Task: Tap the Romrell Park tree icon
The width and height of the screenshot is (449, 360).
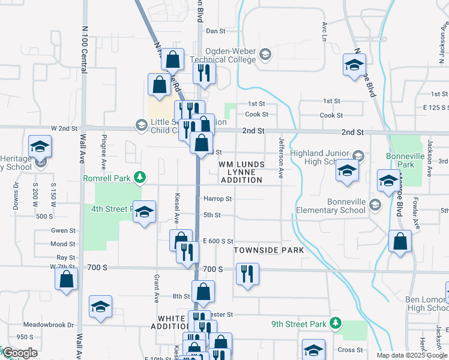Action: [x=140, y=177]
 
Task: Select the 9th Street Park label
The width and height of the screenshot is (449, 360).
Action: [x=298, y=325]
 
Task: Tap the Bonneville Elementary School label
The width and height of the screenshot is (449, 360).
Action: [x=330, y=206]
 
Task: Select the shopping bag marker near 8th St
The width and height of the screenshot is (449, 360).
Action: [x=203, y=292]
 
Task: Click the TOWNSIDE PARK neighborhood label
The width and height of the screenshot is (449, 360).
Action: [x=269, y=250]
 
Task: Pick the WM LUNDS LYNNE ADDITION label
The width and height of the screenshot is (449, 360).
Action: [x=241, y=172]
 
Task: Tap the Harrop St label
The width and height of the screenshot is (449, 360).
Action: [x=217, y=199]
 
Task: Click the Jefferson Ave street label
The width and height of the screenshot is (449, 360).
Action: [x=281, y=158]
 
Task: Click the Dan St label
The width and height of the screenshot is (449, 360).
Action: [x=215, y=31]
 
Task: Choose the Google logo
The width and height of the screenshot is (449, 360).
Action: [x=20, y=353]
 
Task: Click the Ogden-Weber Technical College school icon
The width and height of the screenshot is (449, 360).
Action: [x=265, y=56]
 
